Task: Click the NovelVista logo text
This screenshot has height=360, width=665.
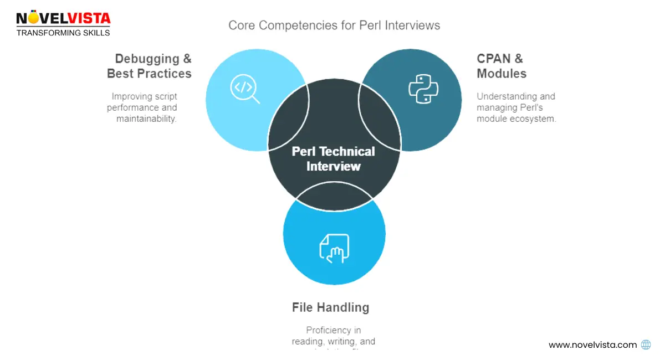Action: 63,18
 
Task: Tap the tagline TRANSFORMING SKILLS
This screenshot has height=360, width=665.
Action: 63,33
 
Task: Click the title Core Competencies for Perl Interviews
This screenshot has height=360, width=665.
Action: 334,25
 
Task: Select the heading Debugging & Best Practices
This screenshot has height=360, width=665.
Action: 149,66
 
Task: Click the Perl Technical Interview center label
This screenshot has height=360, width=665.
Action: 334,159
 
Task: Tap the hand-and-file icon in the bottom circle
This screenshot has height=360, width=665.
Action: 334,247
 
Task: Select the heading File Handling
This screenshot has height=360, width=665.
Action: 330,307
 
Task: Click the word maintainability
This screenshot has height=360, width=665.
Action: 146,119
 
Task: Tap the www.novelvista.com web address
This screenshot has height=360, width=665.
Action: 592,344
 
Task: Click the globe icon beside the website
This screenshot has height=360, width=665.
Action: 646,344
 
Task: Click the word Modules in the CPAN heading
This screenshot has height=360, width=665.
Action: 502,74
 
